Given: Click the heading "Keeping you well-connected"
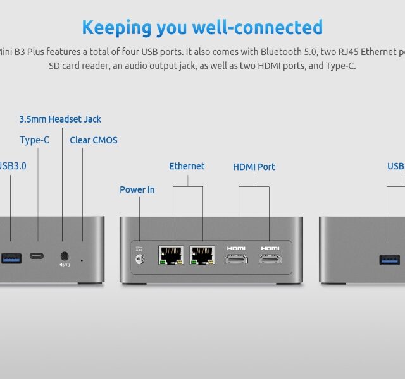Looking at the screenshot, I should (202, 28).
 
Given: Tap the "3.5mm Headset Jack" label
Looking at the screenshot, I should (60, 119).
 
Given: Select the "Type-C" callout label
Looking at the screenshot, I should (34, 140).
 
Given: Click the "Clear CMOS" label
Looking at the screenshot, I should (93, 140).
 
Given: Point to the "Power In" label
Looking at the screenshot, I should (137, 189).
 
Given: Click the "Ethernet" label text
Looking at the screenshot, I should (187, 166).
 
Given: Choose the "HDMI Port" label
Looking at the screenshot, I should (254, 167).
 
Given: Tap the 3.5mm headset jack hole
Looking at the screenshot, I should (64, 256).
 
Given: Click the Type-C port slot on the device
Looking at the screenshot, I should (37, 257).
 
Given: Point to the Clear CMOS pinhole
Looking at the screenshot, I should (82, 259).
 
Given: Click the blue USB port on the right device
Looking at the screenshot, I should (389, 259).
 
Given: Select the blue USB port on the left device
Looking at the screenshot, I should (11, 257).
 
